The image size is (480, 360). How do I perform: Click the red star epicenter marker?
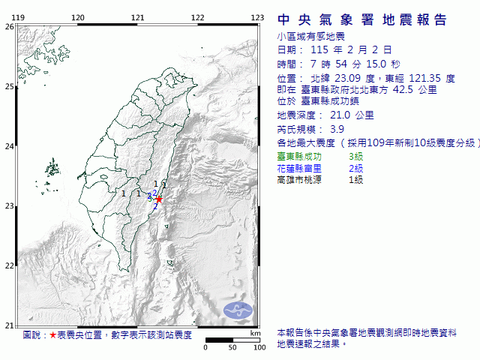pyautogui.click(x=159, y=199)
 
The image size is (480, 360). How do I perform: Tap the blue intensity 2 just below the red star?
pyautogui.click(x=155, y=205)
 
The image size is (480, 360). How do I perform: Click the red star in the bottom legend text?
pyautogui.click(x=52, y=335)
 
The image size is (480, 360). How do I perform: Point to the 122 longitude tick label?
pyautogui.click(x=197, y=17)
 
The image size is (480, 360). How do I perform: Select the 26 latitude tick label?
pyautogui.click(x=9, y=26)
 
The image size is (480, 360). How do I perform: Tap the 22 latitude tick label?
pyautogui.click(x=9, y=265)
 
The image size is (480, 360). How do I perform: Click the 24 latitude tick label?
pyautogui.click(x=9, y=146)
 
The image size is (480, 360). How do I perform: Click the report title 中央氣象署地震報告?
pyautogui.click(x=362, y=20)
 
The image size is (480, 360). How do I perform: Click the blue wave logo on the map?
pyautogui.click(x=238, y=307)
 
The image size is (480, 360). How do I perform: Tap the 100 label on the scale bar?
pyautogui.click(x=259, y=347)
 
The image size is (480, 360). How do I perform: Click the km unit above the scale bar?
pyautogui.click(x=256, y=333)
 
